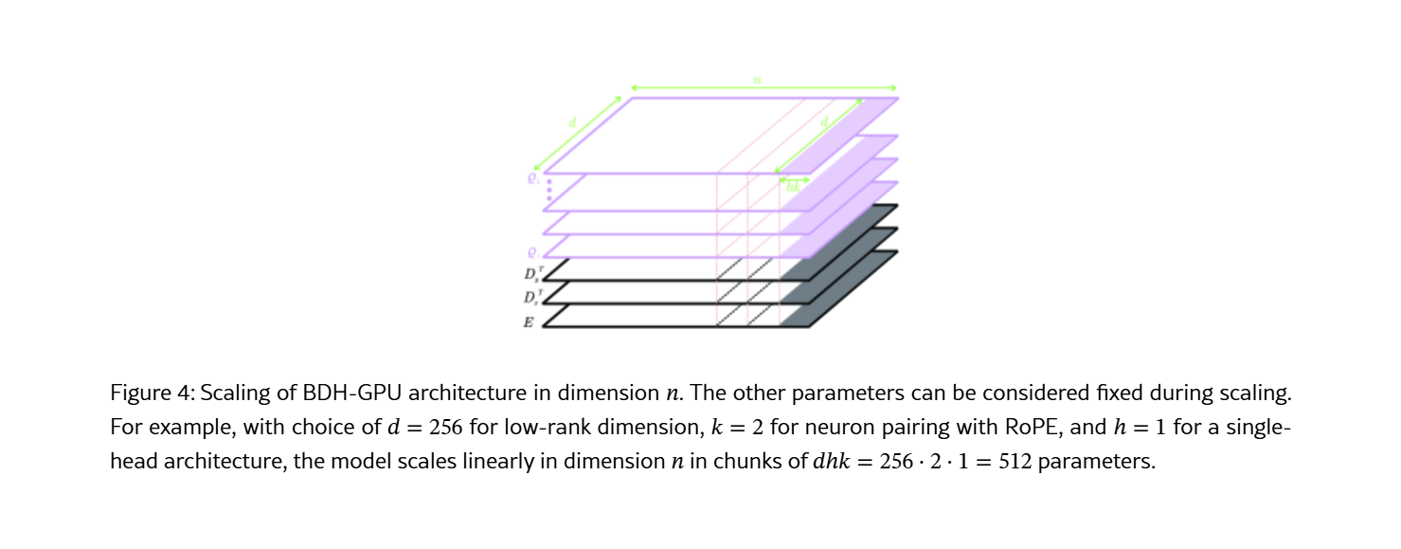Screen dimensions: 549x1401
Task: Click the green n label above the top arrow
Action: pos(758,80)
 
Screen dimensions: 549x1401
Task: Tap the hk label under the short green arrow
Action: pos(794,188)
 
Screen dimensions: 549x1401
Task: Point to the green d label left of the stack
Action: pos(572,121)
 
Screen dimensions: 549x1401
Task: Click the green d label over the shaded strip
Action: pos(824,121)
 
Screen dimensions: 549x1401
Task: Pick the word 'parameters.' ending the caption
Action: pos(1097,462)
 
